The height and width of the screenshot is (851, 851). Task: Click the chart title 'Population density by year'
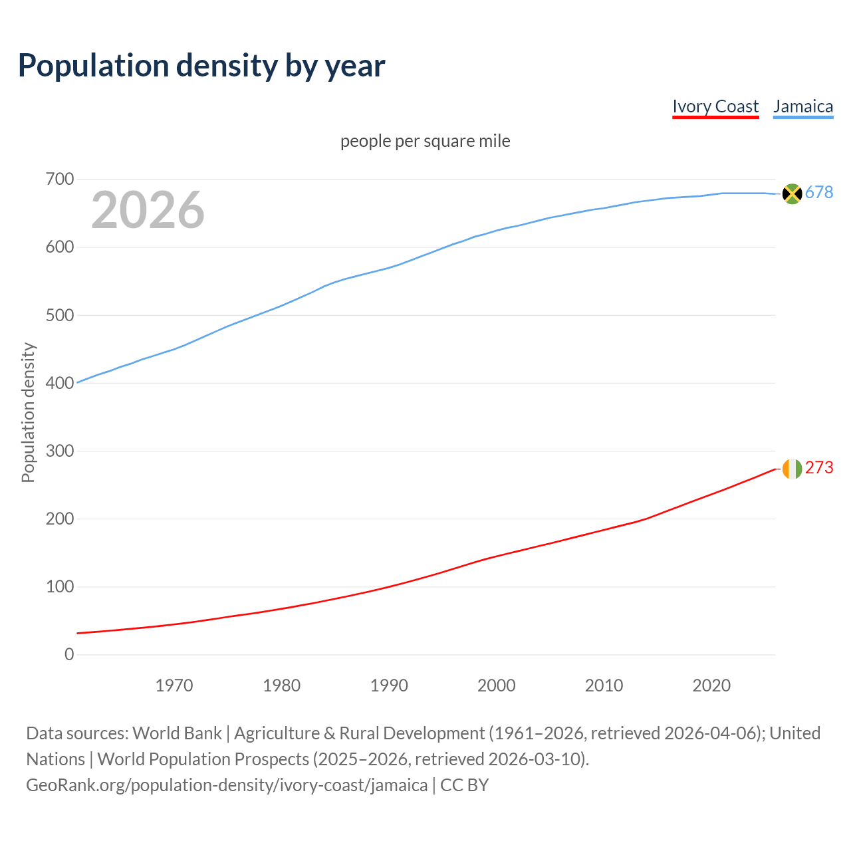point(201,66)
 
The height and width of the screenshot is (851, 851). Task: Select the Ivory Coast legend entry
point(715,106)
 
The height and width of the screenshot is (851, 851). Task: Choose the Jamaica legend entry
point(803,106)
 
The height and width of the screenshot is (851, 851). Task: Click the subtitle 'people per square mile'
point(425,142)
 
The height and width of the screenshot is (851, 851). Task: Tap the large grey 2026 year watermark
point(148,210)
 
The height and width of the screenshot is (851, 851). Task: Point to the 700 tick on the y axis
point(60,180)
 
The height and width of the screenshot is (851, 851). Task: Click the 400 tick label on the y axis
point(60,383)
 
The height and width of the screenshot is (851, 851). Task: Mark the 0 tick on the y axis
point(69,655)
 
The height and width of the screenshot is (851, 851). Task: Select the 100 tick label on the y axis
point(60,587)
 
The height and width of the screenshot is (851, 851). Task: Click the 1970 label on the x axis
point(174,685)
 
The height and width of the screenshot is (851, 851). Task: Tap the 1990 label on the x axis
point(389,685)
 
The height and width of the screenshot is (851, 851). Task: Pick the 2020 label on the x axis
point(711,685)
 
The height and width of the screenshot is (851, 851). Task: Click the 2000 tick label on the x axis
point(497,685)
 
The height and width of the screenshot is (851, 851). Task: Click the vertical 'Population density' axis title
point(28,412)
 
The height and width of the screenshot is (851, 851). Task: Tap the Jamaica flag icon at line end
point(792,193)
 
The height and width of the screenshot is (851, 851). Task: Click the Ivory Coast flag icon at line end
point(792,469)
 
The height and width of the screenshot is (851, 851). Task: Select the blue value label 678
point(819,193)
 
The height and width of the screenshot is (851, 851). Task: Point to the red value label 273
point(819,468)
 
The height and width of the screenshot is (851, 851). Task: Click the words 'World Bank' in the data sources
point(177,733)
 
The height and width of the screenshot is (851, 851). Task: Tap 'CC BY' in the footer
point(465,785)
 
